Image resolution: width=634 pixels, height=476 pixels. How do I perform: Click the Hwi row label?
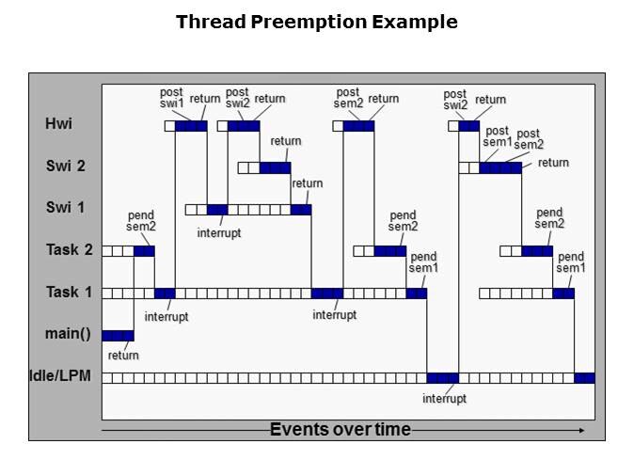(57, 123)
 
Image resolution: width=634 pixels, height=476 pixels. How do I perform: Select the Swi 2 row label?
(65, 167)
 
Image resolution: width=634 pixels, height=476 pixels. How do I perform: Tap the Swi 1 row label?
(65, 207)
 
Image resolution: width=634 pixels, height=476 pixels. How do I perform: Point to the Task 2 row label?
(69, 250)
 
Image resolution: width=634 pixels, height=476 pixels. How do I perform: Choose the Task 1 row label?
(69, 293)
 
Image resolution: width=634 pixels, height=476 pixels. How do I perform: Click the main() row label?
(67, 334)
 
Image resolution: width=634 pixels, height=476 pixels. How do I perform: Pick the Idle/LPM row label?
(59, 377)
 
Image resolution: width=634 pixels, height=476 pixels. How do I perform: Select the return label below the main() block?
(123, 355)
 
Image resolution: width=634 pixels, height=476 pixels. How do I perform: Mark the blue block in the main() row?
(118, 336)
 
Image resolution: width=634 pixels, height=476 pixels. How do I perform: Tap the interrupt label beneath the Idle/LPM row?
(444, 398)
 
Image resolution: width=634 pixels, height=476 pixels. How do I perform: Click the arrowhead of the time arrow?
(582, 430)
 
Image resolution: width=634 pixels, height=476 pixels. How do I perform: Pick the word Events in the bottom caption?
(298, 430)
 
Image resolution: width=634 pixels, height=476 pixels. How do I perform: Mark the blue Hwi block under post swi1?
(191, 125)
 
